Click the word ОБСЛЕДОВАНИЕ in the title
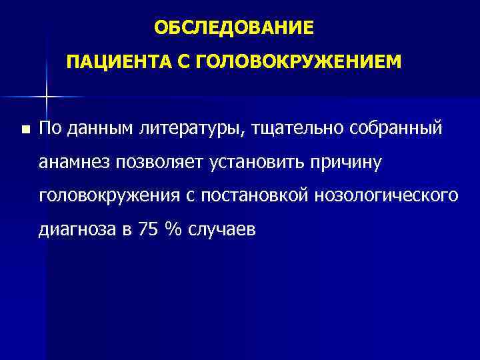coord(233,27)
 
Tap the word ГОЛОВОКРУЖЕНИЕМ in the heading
coord(299,63)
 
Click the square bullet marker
coord(24,129)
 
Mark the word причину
coord(353,162)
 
